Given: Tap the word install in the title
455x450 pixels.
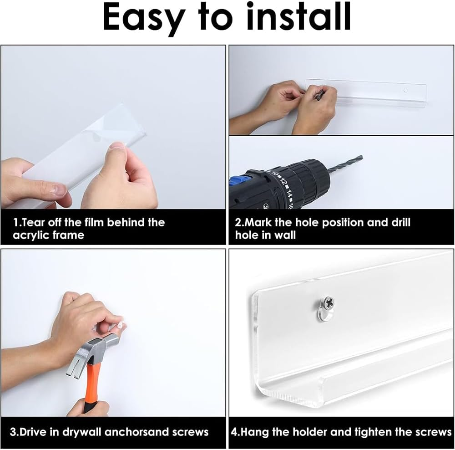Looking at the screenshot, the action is click(298, 16).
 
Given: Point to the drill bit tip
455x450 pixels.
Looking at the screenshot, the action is click(362, 157).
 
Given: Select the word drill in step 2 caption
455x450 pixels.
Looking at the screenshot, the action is click(401, 222).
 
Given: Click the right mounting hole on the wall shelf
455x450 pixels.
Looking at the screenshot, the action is click(406, 90).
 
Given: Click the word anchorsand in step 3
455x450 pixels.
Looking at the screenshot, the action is click(136, 432).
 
